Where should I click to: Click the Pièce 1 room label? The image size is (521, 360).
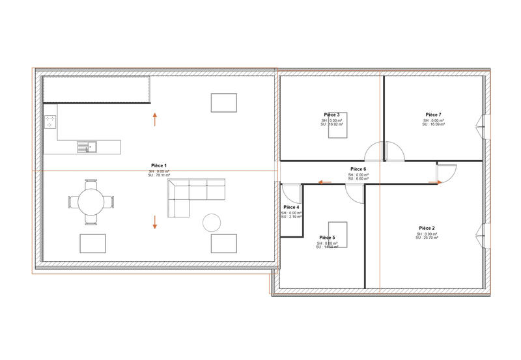159,166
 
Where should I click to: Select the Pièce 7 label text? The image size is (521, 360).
433,114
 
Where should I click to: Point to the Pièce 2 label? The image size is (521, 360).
427,228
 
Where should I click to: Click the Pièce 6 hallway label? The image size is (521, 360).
358,169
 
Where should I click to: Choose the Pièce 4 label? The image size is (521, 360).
291,207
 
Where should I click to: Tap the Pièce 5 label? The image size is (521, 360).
327,238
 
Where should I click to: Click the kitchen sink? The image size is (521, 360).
87,146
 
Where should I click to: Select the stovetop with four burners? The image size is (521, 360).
50,121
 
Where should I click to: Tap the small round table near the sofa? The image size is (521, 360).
212,223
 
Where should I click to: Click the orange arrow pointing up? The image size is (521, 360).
155,118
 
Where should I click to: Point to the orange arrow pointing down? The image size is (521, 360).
155,222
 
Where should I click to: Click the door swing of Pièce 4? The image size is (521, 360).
292,193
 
